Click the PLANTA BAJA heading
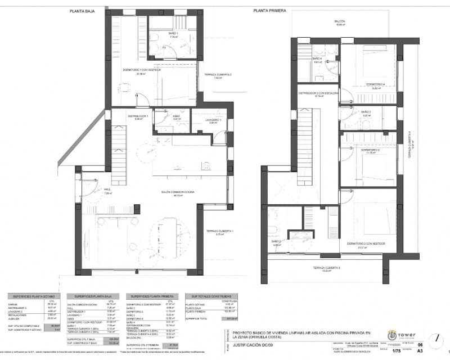click(x=82, y=11)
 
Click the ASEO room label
click(x=176, y=117)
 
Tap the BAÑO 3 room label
click(x=366, y=112)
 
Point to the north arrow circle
click(x=435, y=340)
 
